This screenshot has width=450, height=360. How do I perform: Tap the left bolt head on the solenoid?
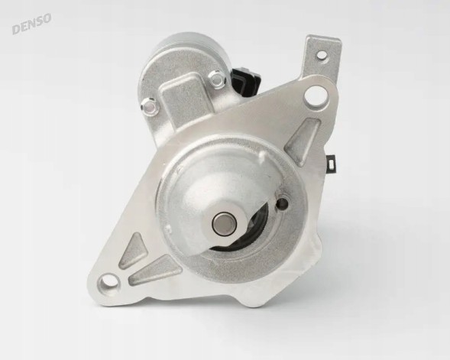click(150, 108)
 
